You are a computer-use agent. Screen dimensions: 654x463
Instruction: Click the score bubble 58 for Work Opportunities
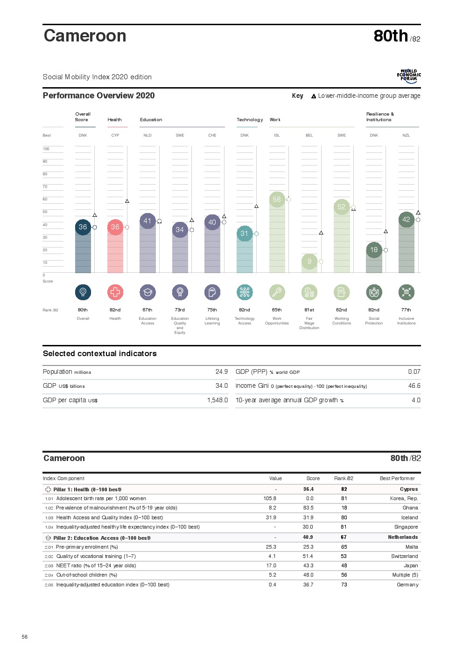pyautogui.click(x=277, y=200)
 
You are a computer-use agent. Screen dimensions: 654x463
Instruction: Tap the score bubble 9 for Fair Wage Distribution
pyautogui.click(x=309, y=262)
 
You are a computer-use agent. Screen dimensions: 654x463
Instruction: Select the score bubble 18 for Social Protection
pyautogui.click(x=374, y=250)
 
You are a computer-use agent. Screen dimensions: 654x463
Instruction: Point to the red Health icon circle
pyautogui.click(x=115, y=292)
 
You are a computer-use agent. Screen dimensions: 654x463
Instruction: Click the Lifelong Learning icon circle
pyautogui.click(x=212, y=292)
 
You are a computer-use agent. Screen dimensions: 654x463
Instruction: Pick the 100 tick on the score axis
pyautogui.click(x=46, y=149)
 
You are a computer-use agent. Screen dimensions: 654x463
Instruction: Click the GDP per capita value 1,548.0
pyautogui.click(x=217, y=400)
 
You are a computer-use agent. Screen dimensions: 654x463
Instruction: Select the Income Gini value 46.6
pyautogui.click(x=414, y=386)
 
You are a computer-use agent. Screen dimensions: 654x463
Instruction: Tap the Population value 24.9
pyautogui.click(x=222, y=372)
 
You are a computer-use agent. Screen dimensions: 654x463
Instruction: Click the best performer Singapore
pyautogui.click(x=406, y=527)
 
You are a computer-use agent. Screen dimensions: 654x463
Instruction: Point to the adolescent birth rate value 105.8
pyautogui.click(x=270, y=499)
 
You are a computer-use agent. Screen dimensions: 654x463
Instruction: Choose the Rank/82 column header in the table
pyautogui.click(x=344, y=479)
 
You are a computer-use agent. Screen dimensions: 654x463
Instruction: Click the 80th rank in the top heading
pyautogui.click(x=391, y=36)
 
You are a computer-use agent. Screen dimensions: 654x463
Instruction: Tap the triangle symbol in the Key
pyautogui.click(x=314, y=96)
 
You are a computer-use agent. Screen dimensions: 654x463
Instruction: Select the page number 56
pyautogui.click(x=25, y=637)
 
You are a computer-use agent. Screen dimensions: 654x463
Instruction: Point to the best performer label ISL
pyautogui.click(x=277, y=136)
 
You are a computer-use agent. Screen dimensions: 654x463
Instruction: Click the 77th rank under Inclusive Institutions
pyautogui.click(x=406, y=310)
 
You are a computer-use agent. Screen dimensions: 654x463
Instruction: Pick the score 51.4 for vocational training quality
pyautogui.click(x=308, y=557)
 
